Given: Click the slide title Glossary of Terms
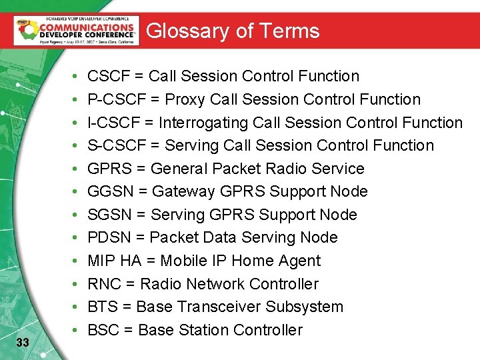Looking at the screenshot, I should [x=233, y=31].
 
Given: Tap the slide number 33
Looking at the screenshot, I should [x=22, y=343].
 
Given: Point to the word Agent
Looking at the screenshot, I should [x=301, y=261].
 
